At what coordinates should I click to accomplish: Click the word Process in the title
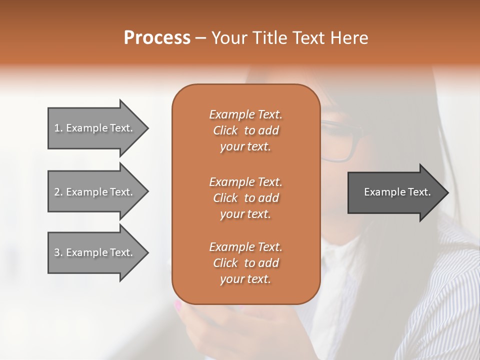(x=157, y=38)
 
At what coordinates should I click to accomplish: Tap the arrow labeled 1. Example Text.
(x=95, y=128)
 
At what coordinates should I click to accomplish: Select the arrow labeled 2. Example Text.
(x=95, y=192)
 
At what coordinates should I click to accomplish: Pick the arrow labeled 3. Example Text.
(x=95, y=252)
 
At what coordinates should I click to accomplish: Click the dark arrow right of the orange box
(x=395, y=192)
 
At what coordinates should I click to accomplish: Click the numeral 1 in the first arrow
(x=56, y=128)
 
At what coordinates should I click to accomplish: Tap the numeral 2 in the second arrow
(x=57, y=192)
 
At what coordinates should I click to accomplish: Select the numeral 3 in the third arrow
(x=57, y=252)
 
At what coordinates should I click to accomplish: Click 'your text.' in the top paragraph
(x=245, y=147)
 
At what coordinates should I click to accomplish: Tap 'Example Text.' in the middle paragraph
(x=245, y=181)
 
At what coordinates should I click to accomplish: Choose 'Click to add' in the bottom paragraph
(x=245, y=263)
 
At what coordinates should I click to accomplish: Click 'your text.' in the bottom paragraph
(x=245, y=279)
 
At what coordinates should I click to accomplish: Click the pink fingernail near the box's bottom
(x=177, y=304)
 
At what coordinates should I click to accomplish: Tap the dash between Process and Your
(x=201, y=38)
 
